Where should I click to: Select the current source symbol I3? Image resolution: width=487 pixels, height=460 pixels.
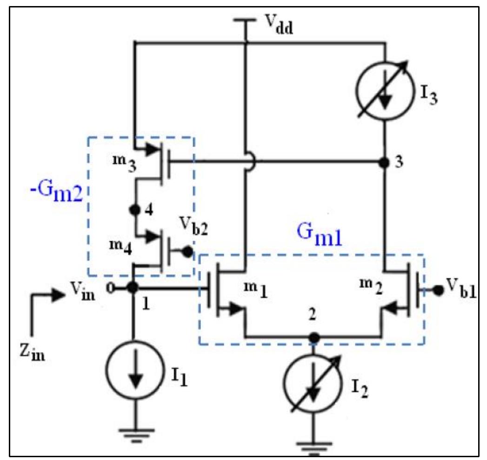pyautogui.click(x=385, y=95)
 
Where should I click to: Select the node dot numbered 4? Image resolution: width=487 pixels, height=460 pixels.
pyautogui.click(x=135, y=210)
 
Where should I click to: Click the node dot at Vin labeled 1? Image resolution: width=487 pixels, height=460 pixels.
pyautogui.click(x=133, y=288)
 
